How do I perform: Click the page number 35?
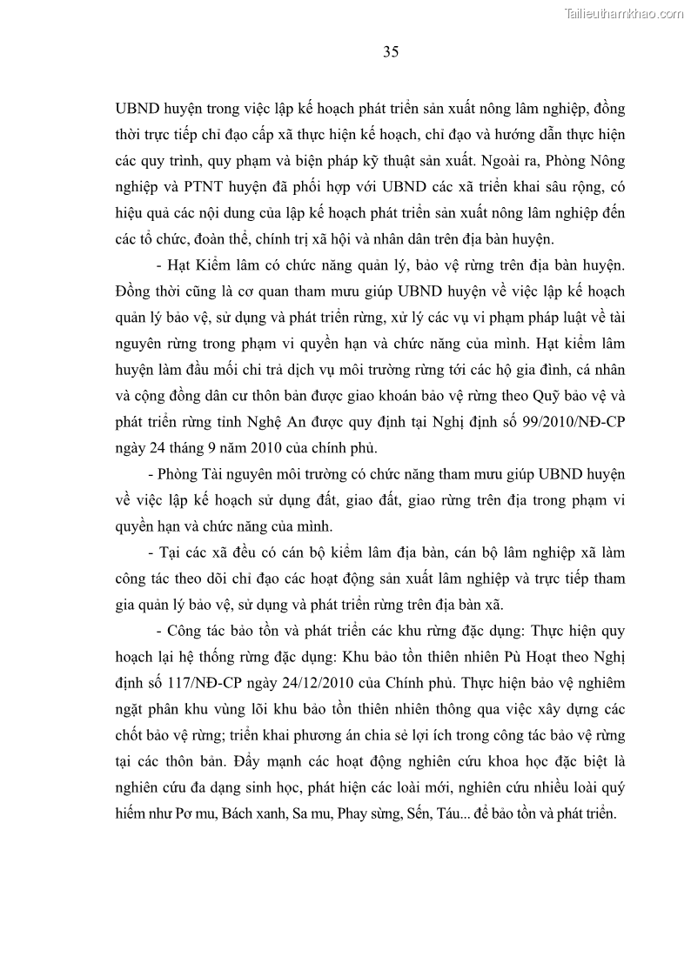coord(391,52)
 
